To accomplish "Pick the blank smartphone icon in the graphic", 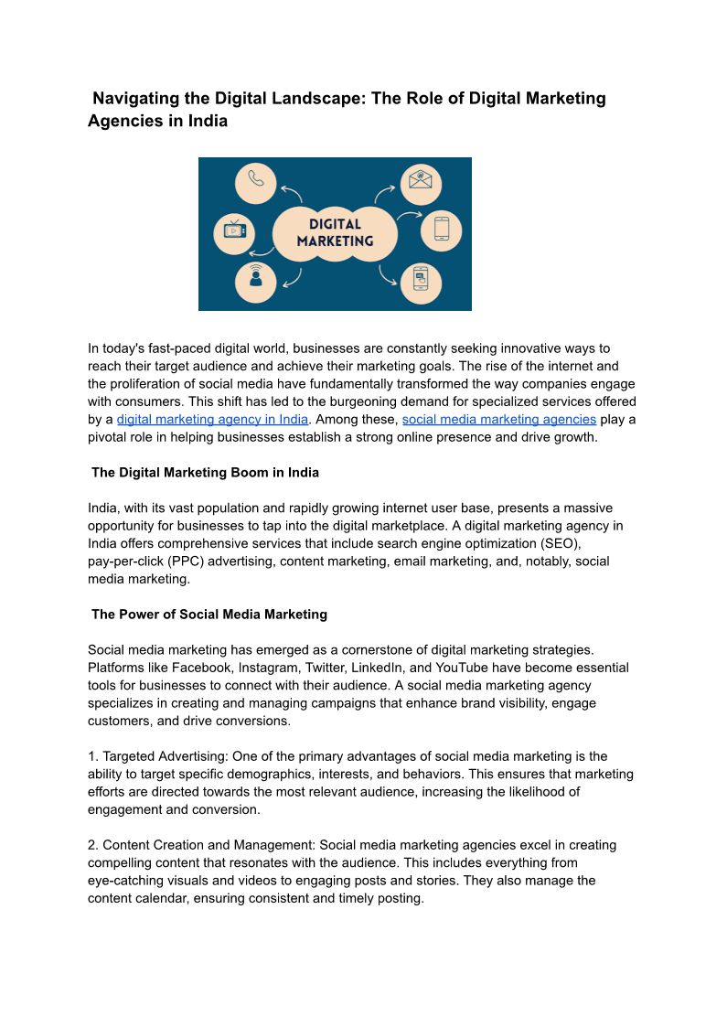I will [442, 229].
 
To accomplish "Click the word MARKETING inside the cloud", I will [336, 241].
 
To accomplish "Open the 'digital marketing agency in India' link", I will [212, 419].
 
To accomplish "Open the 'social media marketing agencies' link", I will [499, 419].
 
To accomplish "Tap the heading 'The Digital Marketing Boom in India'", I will [205, 473].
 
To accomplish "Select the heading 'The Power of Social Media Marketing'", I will [209, 615].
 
